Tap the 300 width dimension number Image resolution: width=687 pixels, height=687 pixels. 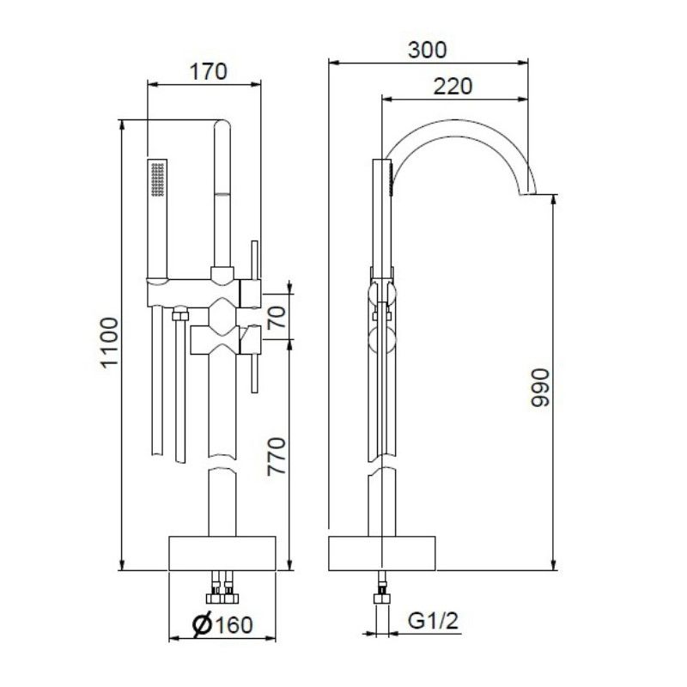click(428, 49)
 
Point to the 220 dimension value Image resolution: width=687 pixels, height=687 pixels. click(453, 86)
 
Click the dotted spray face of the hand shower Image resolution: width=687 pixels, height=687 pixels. click(156, 180)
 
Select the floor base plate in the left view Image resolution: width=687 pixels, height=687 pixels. click(223, 552)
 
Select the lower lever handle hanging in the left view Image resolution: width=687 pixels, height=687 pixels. click(253, 369)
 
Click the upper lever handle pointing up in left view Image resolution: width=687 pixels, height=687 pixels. click(253, 258)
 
